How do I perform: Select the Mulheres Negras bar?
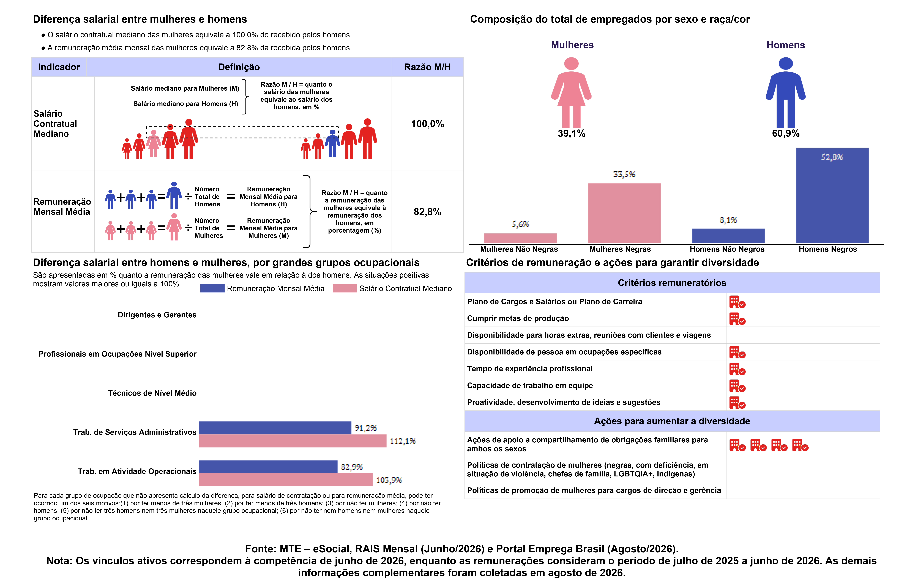click(x=624, y=213)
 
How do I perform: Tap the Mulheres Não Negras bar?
click(x=520, y=238)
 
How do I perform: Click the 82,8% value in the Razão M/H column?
click(x=427, y=212)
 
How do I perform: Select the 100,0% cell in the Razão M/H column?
click(x=427, y=124)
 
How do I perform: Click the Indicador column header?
click(x=59, y=67)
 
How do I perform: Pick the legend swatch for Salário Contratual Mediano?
click(x=345, y=288)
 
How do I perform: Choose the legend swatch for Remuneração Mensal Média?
click(x=212, y=288)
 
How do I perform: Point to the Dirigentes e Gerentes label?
click(x=157, y=315)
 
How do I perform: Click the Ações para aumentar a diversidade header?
click(x=672, y=421)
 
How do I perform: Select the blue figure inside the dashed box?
click(x=332, y=144)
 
